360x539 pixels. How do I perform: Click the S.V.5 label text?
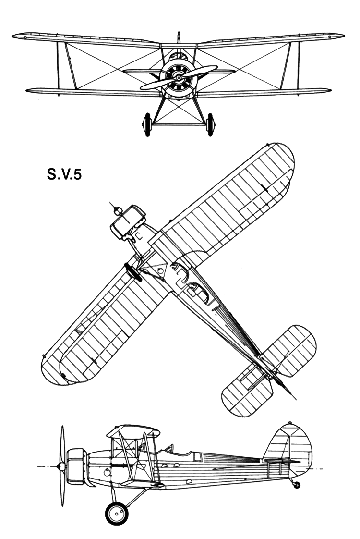64,174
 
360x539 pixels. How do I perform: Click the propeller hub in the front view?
179,78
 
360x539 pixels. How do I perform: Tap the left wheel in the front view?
147,124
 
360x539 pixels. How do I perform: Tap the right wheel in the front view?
210,124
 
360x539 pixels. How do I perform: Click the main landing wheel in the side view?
117,514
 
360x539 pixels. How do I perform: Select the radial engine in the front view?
179,78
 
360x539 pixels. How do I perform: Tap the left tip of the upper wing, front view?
13,36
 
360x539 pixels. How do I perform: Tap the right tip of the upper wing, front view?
344,36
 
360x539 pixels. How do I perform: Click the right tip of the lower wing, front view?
330,91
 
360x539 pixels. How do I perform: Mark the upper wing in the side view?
133,431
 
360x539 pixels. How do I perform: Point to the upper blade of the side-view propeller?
62,444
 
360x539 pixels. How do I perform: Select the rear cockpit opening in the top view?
200,293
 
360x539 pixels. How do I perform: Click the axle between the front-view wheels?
179,124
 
